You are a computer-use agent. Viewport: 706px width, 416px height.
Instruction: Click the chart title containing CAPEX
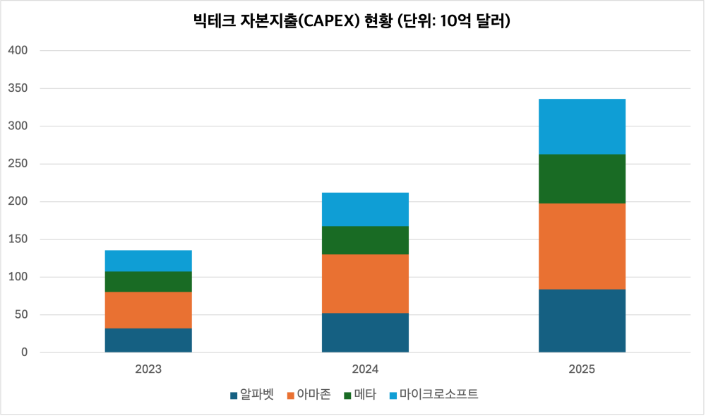pos(352,21)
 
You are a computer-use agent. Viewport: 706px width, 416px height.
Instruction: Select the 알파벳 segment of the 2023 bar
pos(148,340)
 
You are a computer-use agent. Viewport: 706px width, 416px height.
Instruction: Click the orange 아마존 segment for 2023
pos(148,309)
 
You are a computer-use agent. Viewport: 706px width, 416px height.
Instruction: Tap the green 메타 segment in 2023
pos(148,281)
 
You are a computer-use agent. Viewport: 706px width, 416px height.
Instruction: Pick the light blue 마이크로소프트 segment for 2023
pos(148,261)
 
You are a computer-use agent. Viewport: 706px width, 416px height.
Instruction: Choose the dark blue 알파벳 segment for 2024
pos(365,332)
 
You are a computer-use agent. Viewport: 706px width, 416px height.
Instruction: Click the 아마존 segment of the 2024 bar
pos(365,283)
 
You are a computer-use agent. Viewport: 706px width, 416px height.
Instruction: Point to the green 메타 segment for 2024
pos(365,240)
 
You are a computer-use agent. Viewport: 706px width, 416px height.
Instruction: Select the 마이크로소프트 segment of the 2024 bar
pos(365,209)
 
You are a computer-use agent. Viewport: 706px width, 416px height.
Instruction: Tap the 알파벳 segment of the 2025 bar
pos(582,321)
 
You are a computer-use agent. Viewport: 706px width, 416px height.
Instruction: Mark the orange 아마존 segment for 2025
pos(582,246)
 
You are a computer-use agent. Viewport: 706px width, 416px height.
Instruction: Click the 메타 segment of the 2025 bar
pos(582,179)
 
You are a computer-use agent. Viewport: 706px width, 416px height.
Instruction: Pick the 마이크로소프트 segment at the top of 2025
pos(582,126)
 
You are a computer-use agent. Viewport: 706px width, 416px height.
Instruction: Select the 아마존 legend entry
pos(309,394)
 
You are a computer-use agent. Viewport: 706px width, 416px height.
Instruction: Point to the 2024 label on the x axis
pos(365,369)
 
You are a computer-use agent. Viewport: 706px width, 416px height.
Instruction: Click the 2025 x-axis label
pos(582,369)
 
